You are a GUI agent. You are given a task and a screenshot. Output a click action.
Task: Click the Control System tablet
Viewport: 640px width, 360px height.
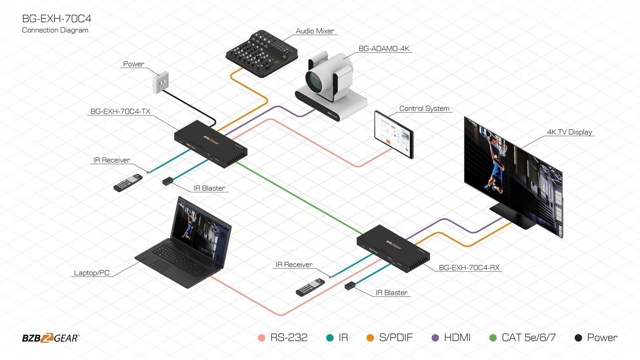coord(394,134)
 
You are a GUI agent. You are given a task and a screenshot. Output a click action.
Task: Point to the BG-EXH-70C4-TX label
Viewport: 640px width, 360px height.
coord(120,111)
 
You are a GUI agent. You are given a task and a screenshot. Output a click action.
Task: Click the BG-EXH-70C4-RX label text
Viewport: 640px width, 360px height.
coord(469,268)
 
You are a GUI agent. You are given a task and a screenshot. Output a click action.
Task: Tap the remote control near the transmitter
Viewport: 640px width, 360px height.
coord(128,183)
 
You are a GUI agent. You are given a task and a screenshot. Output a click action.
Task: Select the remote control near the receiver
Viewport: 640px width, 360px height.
coord(310,287)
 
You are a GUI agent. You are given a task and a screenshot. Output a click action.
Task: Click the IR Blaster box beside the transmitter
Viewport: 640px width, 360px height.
coord(167,181)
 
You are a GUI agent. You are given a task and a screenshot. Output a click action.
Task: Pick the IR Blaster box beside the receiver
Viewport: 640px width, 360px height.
coord(350,286)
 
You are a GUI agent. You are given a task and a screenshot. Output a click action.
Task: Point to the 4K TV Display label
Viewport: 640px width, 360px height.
coord(569,132)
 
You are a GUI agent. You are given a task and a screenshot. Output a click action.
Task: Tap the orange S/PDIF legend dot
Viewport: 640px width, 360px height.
coord(370,338)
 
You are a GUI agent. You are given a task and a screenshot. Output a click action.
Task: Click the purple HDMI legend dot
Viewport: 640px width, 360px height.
coord(435,338)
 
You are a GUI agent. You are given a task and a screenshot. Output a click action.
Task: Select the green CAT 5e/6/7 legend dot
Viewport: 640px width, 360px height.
coord(493,338)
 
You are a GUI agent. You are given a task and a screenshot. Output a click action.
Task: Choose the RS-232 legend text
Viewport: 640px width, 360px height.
coord(289,338)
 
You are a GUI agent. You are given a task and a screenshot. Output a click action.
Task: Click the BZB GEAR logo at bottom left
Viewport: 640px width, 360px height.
coord(50,338)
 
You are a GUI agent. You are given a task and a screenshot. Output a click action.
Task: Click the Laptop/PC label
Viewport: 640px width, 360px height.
coord(91,273)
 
